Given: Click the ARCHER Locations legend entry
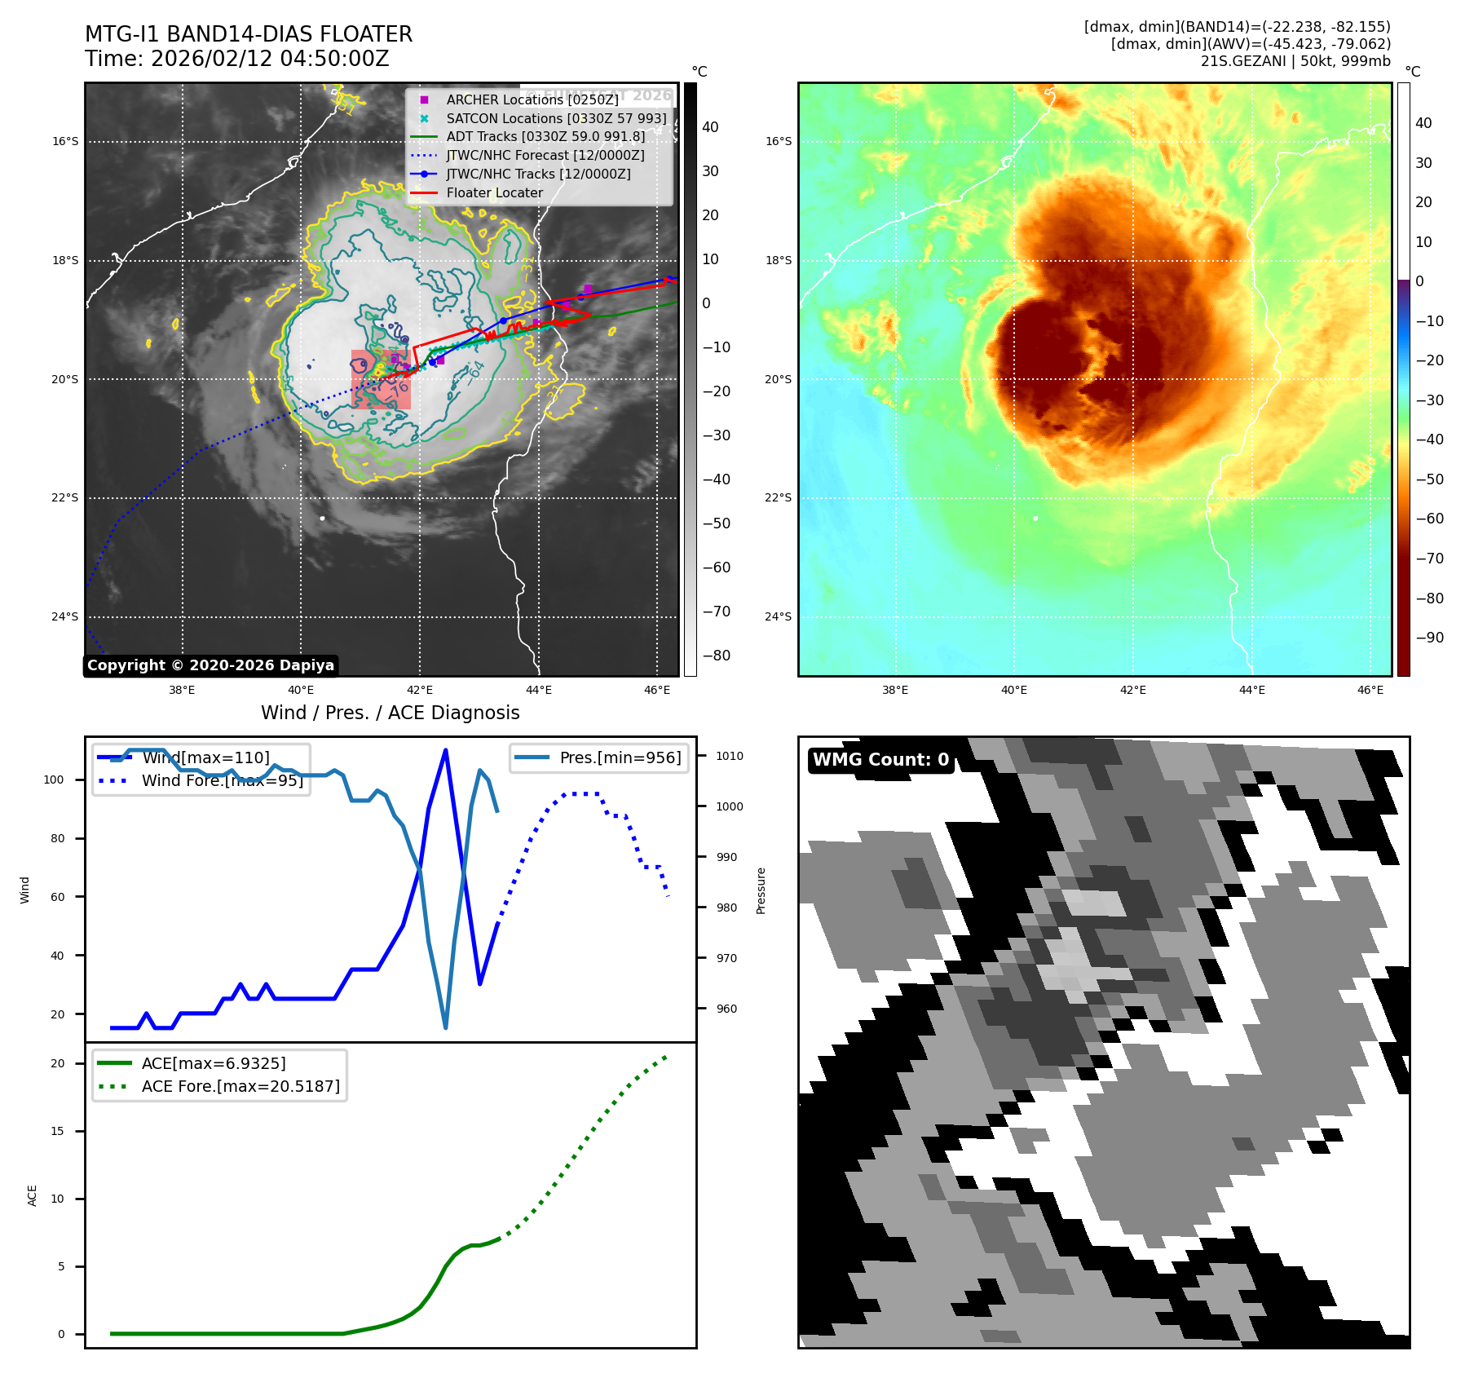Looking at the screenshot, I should click(x=532, y=99).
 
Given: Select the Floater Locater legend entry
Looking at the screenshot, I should click(x=494, y=193).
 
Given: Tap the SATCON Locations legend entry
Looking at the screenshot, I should click(x=556, y=118).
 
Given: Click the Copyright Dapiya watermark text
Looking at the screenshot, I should click(x=210, y=665).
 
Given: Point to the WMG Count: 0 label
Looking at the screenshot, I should click(x=880, y=760).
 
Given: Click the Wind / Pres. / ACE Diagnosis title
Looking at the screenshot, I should click(x=390, y=713).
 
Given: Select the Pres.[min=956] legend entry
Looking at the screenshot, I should click(x=620, y=757).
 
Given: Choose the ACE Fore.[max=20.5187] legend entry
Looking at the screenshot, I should click(x=240, y=1086).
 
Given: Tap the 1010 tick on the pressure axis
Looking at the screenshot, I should click(x=729, y=756).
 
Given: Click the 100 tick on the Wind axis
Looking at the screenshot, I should click(x=54, y=780).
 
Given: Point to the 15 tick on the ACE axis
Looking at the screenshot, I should click(x=57, y=1131).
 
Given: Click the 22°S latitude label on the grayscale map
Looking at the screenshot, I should click(x=65, y=498).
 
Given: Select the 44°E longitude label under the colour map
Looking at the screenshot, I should click(x=1251, y=690).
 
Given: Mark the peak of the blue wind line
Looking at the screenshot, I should click(x=445, y=749).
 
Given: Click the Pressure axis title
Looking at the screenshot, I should click(x=761, y=890).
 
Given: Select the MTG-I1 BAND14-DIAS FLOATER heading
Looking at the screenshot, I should click(x=249, y=34).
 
